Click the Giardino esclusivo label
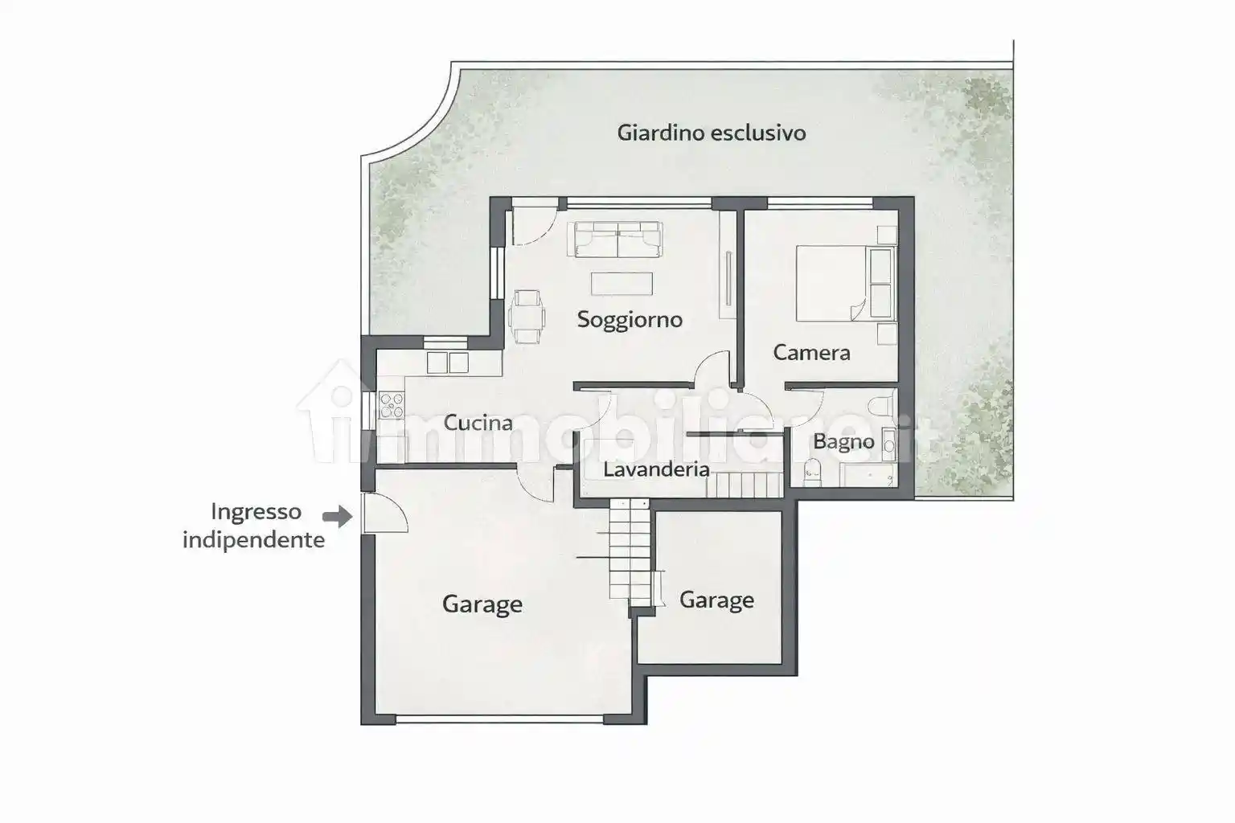point(712,133)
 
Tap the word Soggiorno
point(630,320)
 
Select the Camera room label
point(811,353)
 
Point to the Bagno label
point(843,442)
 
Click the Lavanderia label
point(656,469)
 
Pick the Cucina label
point(478,423)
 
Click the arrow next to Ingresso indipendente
point(338,517)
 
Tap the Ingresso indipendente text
point(254,526)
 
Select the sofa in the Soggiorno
point(618,240)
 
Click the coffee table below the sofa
point(622,284)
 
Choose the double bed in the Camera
point(844,284)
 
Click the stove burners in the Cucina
point(392,404)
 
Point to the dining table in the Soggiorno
point(527,317)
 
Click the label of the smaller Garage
point(716,600)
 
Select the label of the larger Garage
point(482,604)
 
